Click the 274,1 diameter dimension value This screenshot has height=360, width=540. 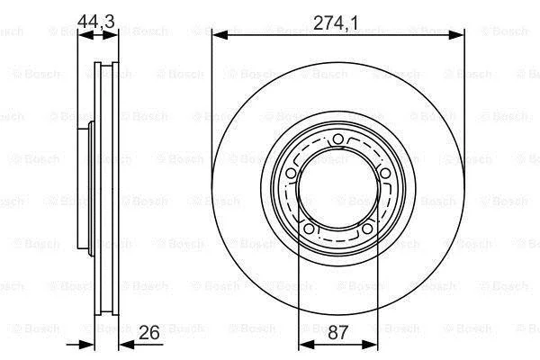[x=336, y=22]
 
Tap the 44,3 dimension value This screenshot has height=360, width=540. [x=95, y=22]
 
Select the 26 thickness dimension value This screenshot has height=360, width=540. [x=149, y=332]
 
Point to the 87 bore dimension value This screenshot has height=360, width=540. [x=337, y=332]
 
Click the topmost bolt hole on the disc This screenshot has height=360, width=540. [x=338, y=139]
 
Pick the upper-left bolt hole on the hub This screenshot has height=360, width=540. [x=291, y=173]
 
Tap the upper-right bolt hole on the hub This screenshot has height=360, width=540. [x=384, y=173]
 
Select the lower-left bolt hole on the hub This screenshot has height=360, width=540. [x=309, y=228]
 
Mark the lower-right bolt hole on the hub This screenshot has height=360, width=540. [x=367, y=228]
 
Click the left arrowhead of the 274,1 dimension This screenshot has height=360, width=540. [x=220, y=35]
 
